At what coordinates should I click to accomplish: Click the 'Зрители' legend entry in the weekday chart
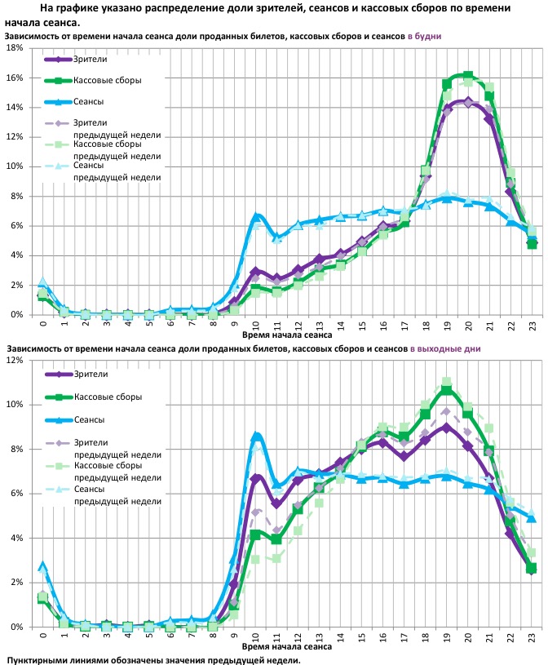[90, 60]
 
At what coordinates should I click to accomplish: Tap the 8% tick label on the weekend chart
[15, 449]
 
